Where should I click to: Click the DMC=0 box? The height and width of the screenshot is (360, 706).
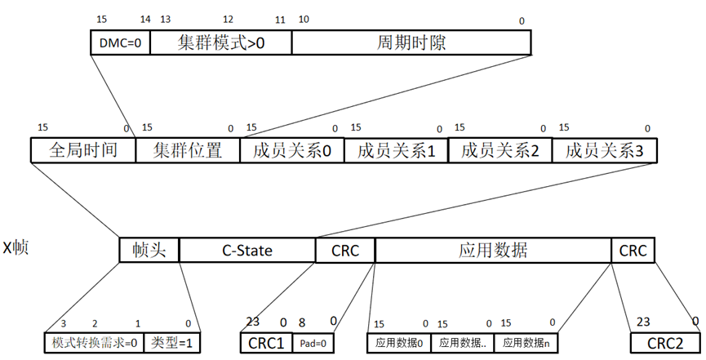tap(119, 43)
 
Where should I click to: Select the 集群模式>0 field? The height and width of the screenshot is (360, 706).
tap(220, 43)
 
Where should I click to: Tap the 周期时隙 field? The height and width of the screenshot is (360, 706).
tap(411, 43)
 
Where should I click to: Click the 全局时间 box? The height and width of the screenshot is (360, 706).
tap(82, 150)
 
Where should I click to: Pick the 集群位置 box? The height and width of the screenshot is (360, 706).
tap(187, 150)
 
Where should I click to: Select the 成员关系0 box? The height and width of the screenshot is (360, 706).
tap(291, 150)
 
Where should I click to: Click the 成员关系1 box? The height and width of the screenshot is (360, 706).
tap(396, 150)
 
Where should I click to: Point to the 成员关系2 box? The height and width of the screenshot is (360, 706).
tap(500, 150)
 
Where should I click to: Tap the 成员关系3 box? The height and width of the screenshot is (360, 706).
tap(604, 150)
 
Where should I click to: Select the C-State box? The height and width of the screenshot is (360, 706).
tap(247, 250)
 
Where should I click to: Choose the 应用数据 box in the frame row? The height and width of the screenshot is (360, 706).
tap(493, 250)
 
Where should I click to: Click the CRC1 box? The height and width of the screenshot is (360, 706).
tap(264, 344)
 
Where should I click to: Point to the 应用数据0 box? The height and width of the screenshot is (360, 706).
tap(398, 344)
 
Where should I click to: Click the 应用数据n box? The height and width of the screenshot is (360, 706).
tap(525, 344)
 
